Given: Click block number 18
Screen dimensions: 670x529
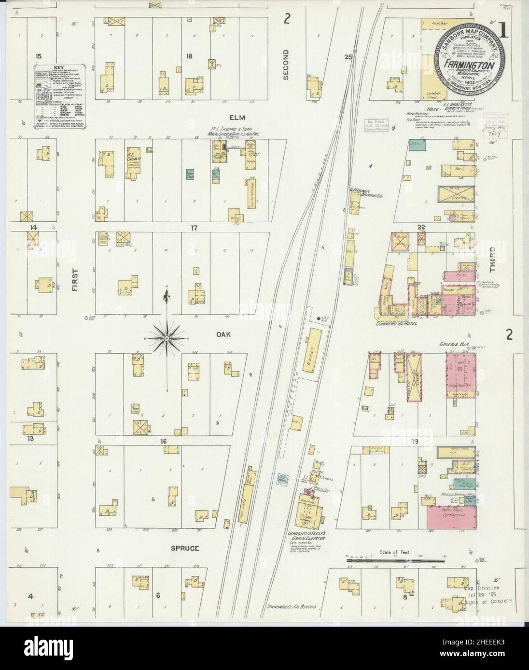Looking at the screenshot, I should pos(190,56).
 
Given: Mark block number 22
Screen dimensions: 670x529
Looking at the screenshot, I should pos(421,227).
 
